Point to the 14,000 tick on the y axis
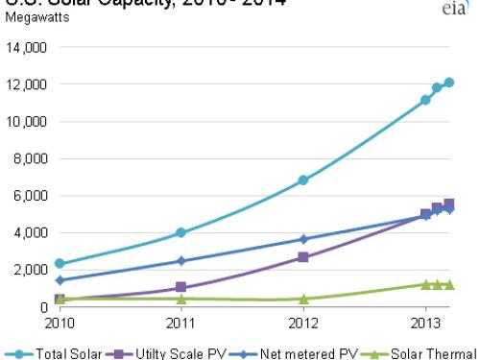(25, 47)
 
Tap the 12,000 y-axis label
(25, 84)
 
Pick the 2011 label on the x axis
(181, 322)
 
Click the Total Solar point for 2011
(181, 233)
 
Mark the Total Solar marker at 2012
(303, 180)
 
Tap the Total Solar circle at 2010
(60, 263)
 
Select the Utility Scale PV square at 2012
(303, 257)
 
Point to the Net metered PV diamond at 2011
(181, 261)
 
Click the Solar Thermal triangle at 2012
(303, 299)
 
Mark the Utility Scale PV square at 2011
(181, 288)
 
